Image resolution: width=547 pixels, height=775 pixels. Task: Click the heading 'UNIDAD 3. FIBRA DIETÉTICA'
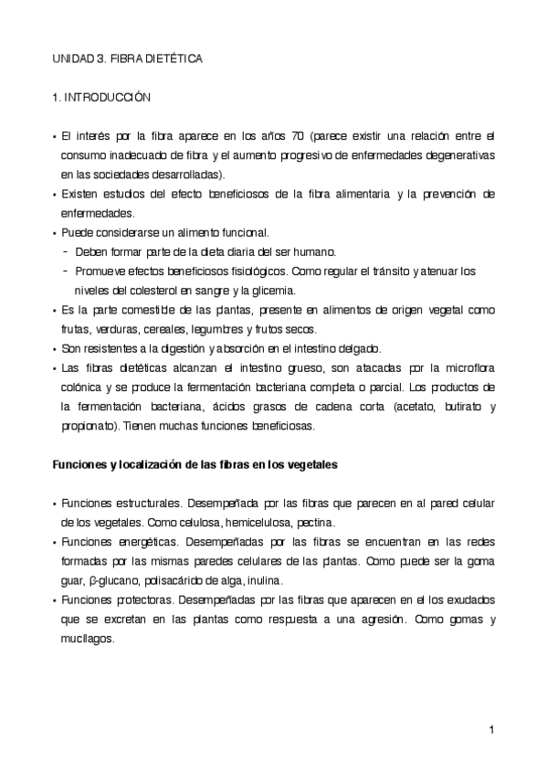[x=126, y=58]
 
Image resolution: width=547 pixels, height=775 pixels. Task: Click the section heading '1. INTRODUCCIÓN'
[x=100, y=96]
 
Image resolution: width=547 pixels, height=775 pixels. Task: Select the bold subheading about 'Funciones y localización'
[x=194, y=464]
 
